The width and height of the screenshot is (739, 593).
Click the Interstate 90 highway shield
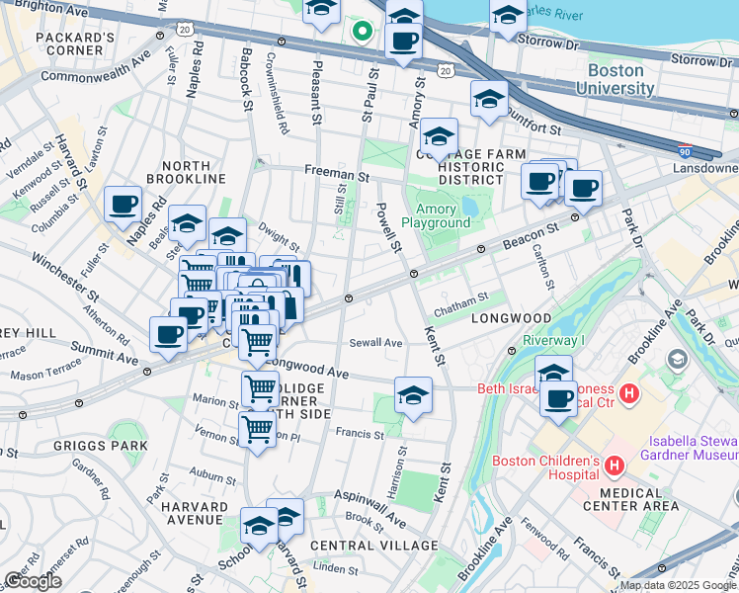pyautogui.click(x=685, y=152)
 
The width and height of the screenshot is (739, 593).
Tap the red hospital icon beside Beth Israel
pyautogui.click(x=629, y=394)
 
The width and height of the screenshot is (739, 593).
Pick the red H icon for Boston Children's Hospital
pyautogui.click(x=615, y=463)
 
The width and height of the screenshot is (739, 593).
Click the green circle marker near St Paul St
pyautogui.click(x=363, y=32)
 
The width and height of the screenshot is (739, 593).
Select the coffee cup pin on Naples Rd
pyautogui.click(x=123, y=205)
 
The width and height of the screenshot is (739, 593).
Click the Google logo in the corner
pyautogui.click(x=33, y=581)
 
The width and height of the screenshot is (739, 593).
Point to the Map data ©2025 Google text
pyautogui.click(x=678, y=585)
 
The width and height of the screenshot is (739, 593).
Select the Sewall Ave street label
pyautogui.click(x=375, y=343)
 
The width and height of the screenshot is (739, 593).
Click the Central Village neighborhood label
pyautogui.click(x=373, y=546)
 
